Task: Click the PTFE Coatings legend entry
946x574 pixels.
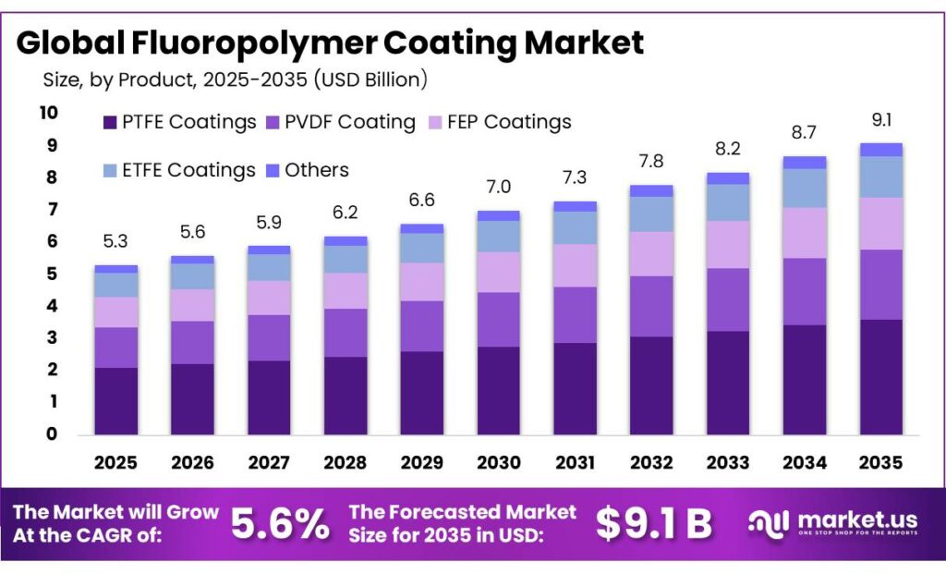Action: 179,122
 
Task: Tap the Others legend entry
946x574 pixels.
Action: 307,170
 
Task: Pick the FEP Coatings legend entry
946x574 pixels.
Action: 499,122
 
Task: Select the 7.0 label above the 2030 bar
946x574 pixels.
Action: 498,188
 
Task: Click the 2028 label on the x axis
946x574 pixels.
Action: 345,462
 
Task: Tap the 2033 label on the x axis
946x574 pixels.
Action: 727,462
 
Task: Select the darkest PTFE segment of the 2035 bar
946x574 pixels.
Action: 880,377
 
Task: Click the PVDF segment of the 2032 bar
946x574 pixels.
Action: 650,306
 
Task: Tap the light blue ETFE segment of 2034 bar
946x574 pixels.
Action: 804,188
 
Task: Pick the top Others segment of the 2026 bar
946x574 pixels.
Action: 192,260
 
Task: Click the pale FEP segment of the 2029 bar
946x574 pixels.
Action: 421,282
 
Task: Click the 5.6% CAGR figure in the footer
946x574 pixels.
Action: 279,524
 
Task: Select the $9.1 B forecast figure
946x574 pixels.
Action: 654,524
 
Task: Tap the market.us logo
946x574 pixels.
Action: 832,524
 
